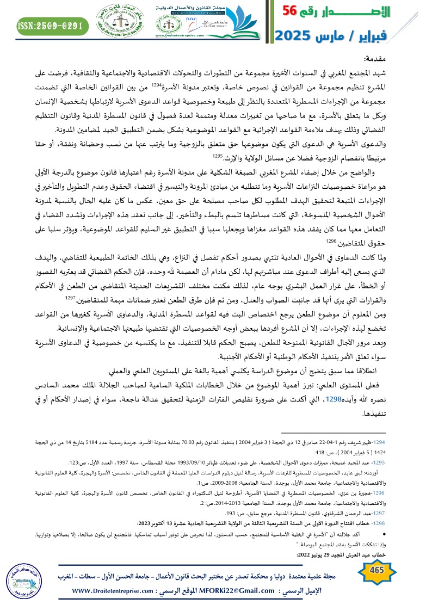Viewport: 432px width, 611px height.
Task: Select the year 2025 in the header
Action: tap(293, 36)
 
